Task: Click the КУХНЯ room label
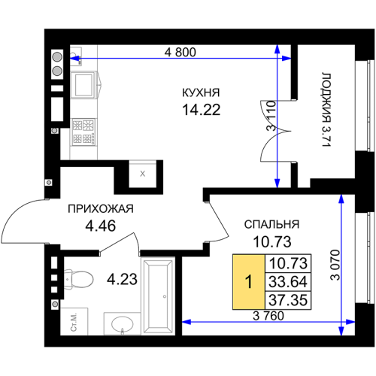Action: tap(201, 92)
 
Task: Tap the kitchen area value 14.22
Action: tap(202, 110)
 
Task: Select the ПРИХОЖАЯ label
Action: tap(101, 209)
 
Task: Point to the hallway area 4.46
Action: tap(101, 226)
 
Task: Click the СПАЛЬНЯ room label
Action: tap(271, 224)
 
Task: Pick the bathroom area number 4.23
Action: tap(122, 279)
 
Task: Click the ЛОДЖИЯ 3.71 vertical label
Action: tap(326, 110)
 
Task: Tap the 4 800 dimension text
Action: tap(180, 53)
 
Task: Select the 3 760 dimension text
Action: tap(268, 316)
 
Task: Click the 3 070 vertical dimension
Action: tap(335, 265)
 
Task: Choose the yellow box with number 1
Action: tap(249, 282)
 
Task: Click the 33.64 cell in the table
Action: tap(288, 282)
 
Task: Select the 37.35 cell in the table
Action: tap(288, 300)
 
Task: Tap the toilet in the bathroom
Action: tap(78, 279)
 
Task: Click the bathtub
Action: tap(158, 296)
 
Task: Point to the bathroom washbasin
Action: tap(123, 324)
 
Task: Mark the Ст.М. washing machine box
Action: tap(74, 322)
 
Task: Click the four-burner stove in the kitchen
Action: tap(83, 132)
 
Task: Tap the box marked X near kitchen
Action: tap(142, 174)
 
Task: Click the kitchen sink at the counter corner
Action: tap(76, 56)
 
